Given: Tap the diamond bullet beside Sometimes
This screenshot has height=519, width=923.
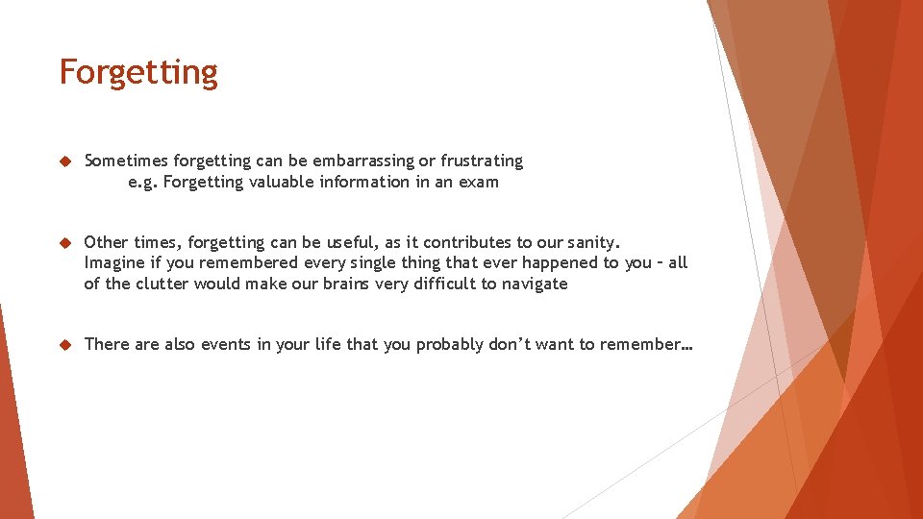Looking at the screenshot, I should (64, 161).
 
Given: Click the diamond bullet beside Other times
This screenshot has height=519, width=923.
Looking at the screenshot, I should (64, 242).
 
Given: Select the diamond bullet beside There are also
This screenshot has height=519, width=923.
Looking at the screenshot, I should (64, 344).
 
